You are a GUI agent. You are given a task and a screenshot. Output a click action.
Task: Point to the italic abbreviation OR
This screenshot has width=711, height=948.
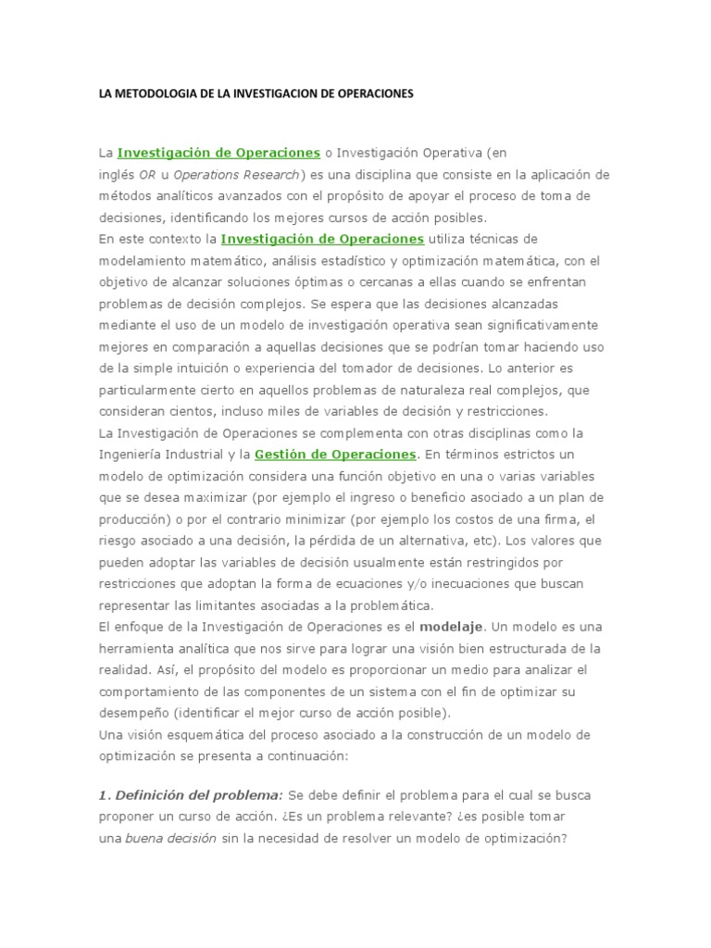[146, 174]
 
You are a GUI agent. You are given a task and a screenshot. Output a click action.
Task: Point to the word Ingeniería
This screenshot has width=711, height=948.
[133, 455]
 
